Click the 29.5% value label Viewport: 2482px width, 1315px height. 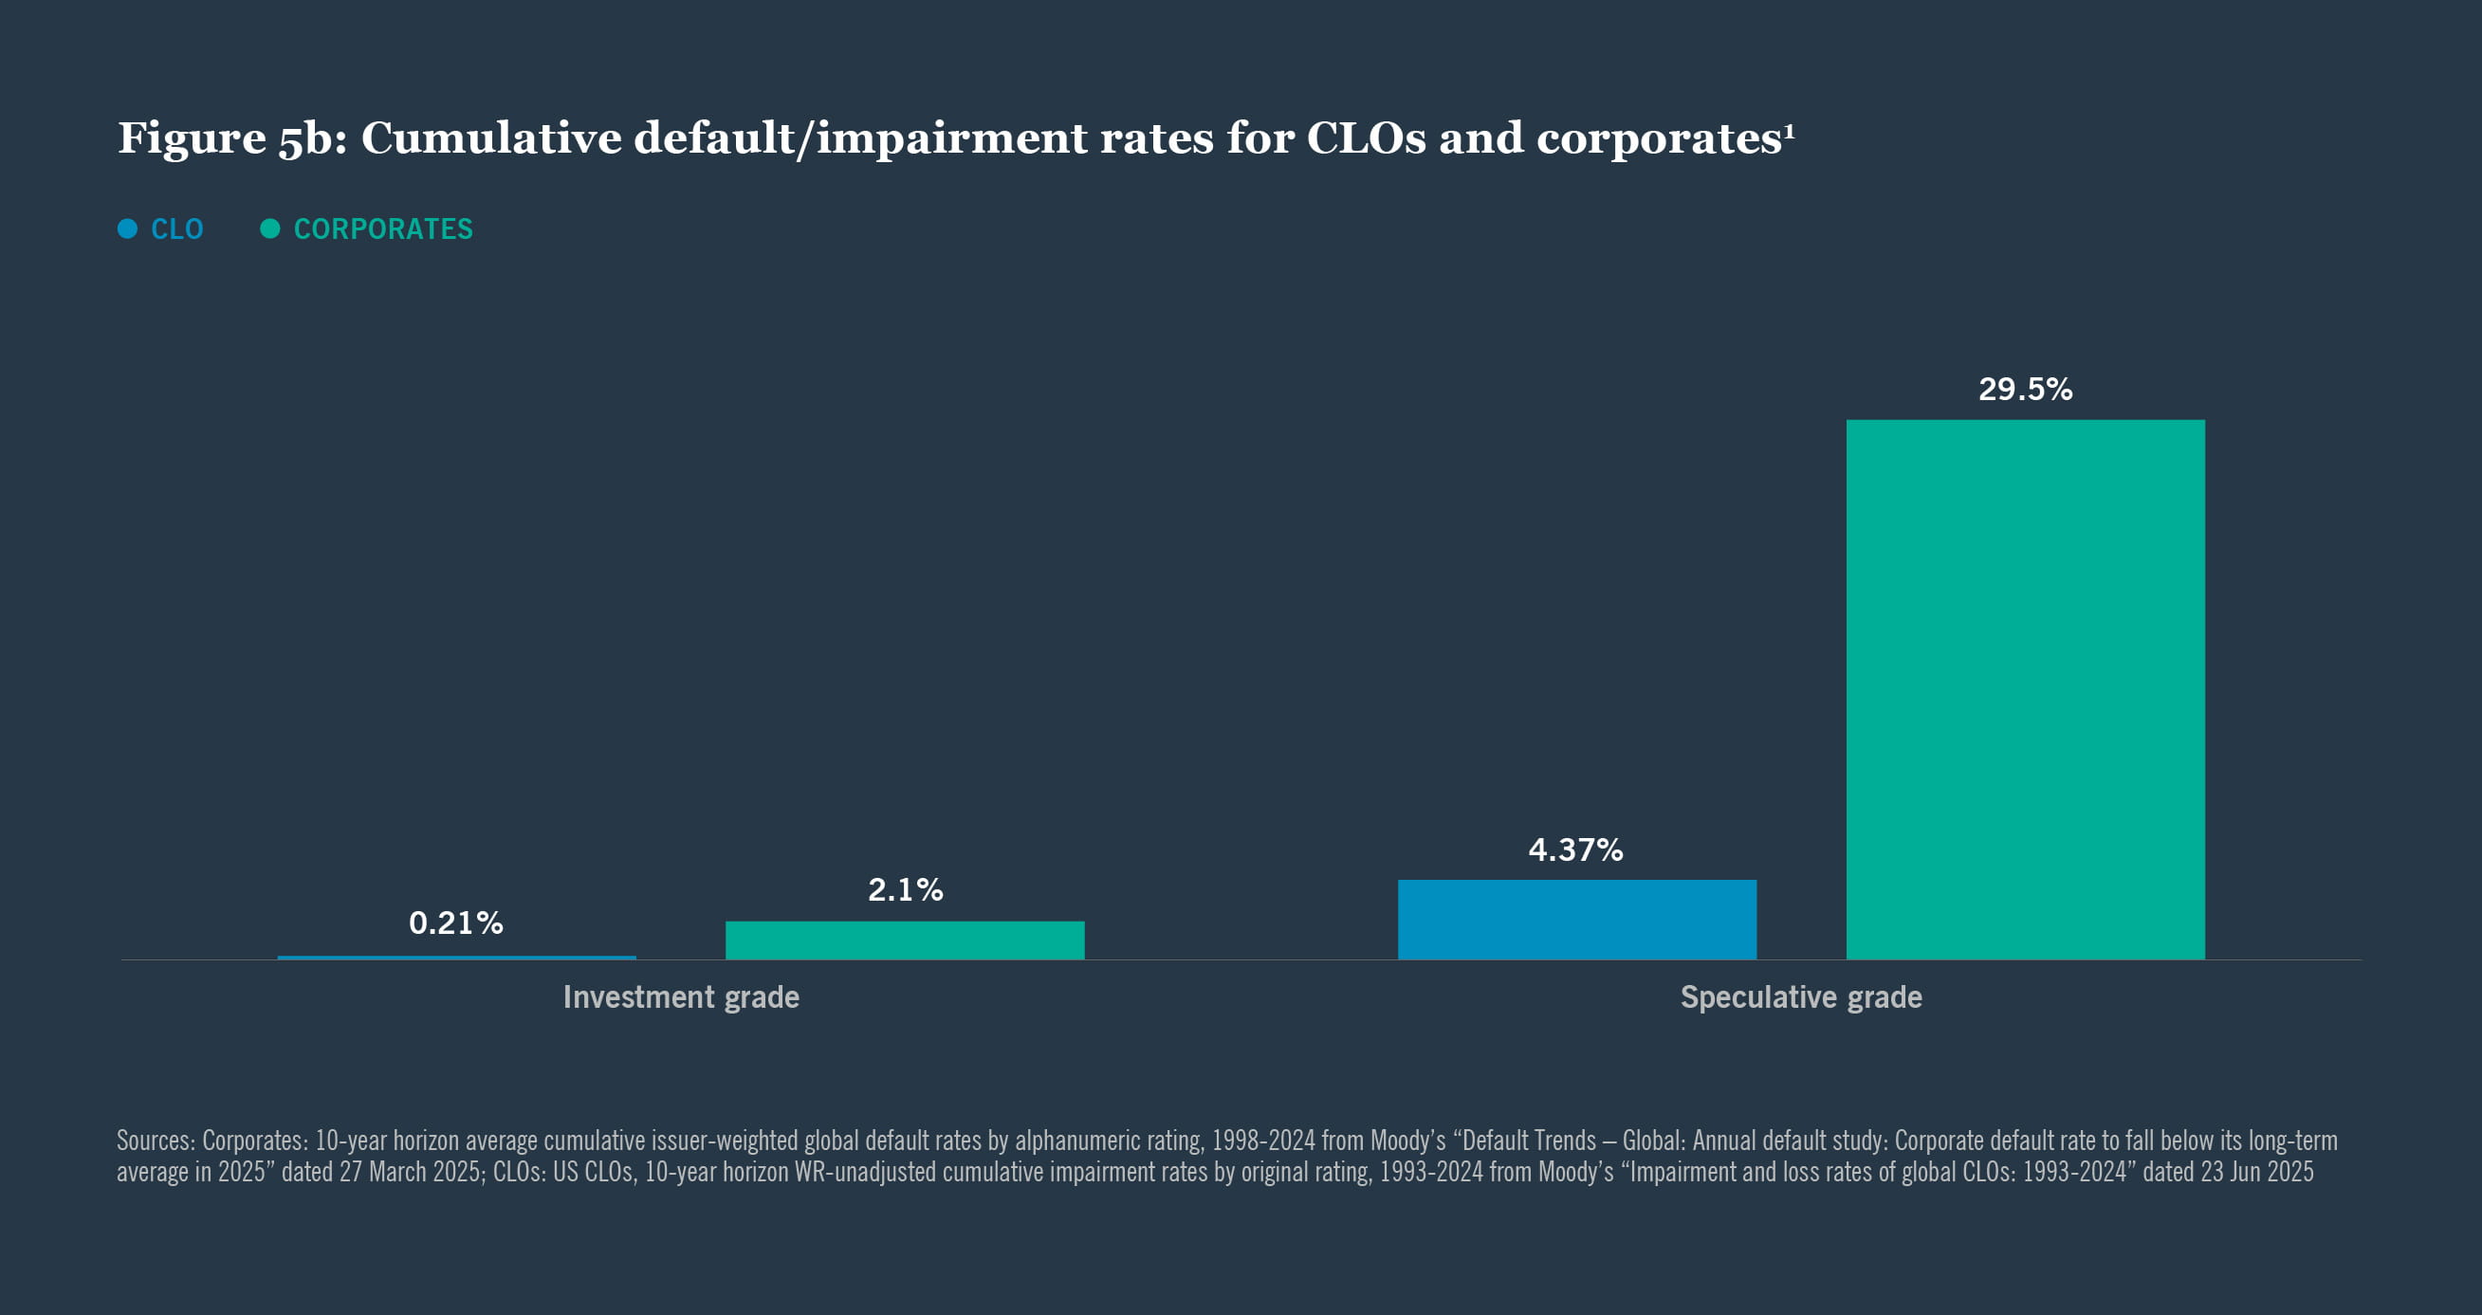point(2024,390)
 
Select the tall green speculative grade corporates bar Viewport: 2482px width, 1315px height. point(2024,689)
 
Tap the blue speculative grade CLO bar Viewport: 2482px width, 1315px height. point(1576,919)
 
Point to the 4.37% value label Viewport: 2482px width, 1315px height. point(1575,849)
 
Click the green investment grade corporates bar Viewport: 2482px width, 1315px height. point(905,941)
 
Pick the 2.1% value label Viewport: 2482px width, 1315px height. point(905,889)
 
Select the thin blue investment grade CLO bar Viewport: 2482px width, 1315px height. point(457,957)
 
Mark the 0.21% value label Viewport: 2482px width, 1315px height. point(456,922)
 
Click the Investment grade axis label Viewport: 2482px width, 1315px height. point(680,996)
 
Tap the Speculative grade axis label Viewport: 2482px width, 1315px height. point(1800,996)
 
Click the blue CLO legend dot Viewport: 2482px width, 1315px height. point(127,228)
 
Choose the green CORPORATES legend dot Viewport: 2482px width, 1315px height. point(269,228)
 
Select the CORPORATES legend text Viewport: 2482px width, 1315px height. point(382,229)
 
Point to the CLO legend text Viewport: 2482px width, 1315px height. point(177,229)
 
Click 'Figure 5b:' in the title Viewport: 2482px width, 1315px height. point(231,138)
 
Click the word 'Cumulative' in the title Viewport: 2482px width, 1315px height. point(491,138)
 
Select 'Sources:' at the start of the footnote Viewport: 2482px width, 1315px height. point(156,1141)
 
